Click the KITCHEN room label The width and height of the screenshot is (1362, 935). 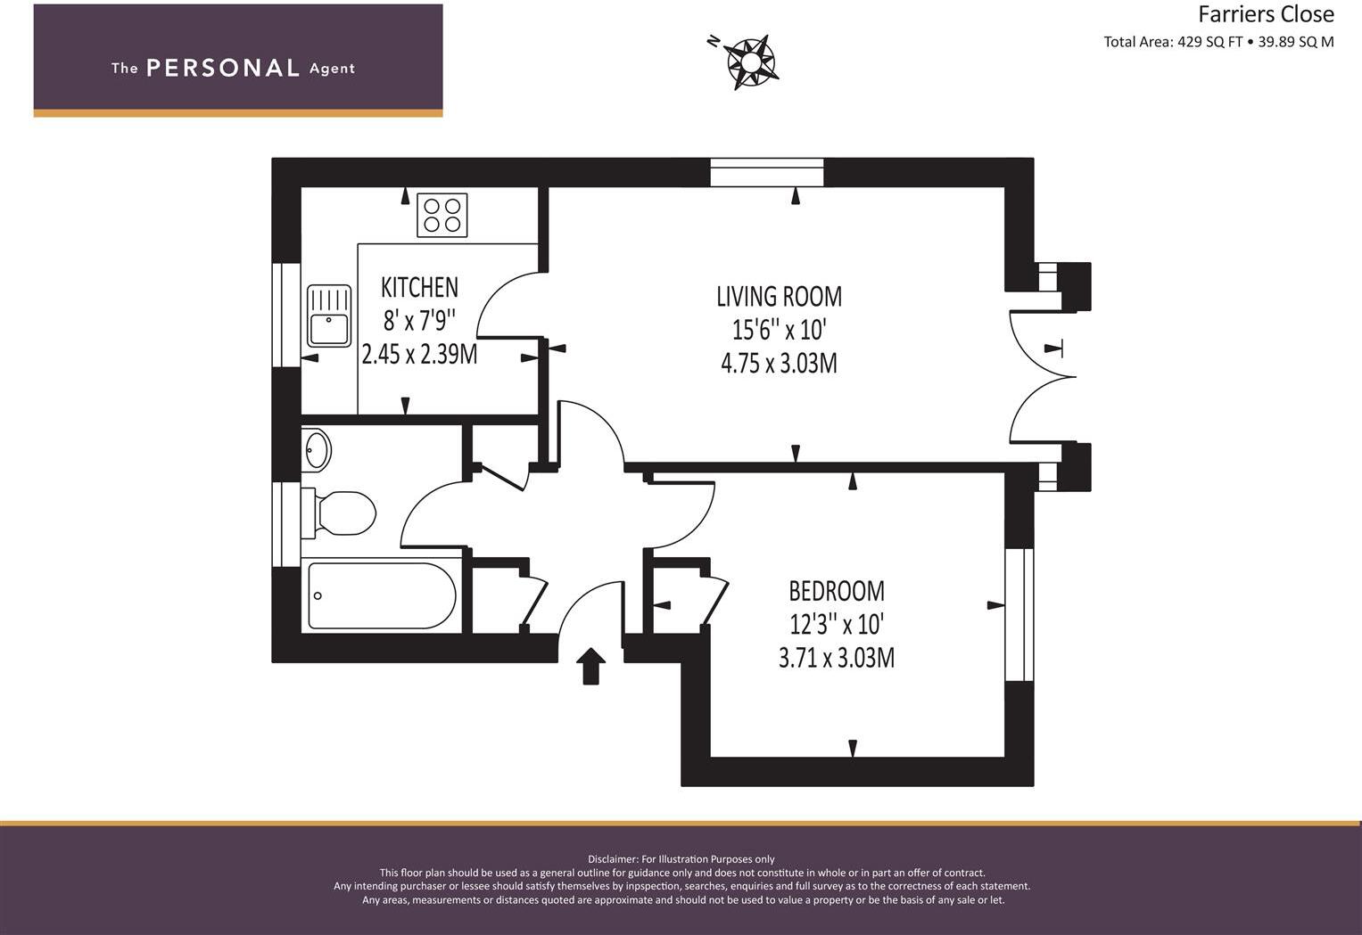[419, 287]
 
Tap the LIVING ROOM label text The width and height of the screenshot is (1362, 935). [779, 296]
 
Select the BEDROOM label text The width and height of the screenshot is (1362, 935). [836, 591]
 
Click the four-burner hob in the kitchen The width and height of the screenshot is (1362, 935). [442, 215]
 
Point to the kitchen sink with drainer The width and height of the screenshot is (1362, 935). [329, 316]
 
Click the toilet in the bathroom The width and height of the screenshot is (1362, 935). [340, 513]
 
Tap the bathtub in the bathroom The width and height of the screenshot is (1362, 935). [382, 595]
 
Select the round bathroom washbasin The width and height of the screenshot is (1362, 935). [316, 449]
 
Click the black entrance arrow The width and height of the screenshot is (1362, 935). [590, 665]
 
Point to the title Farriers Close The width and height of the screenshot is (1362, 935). [1266, 14]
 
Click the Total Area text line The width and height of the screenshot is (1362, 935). [1218, 42]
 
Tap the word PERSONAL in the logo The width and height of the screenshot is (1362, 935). [222, 69]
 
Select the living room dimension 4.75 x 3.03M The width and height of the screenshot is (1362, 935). [779, 364]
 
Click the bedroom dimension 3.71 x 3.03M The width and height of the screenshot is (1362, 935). [836, 659]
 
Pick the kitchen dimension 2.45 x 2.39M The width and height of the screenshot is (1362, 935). [419, 355]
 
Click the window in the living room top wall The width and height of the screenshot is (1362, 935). [766, 172]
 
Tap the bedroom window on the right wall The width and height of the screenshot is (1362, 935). [1019, 614]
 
